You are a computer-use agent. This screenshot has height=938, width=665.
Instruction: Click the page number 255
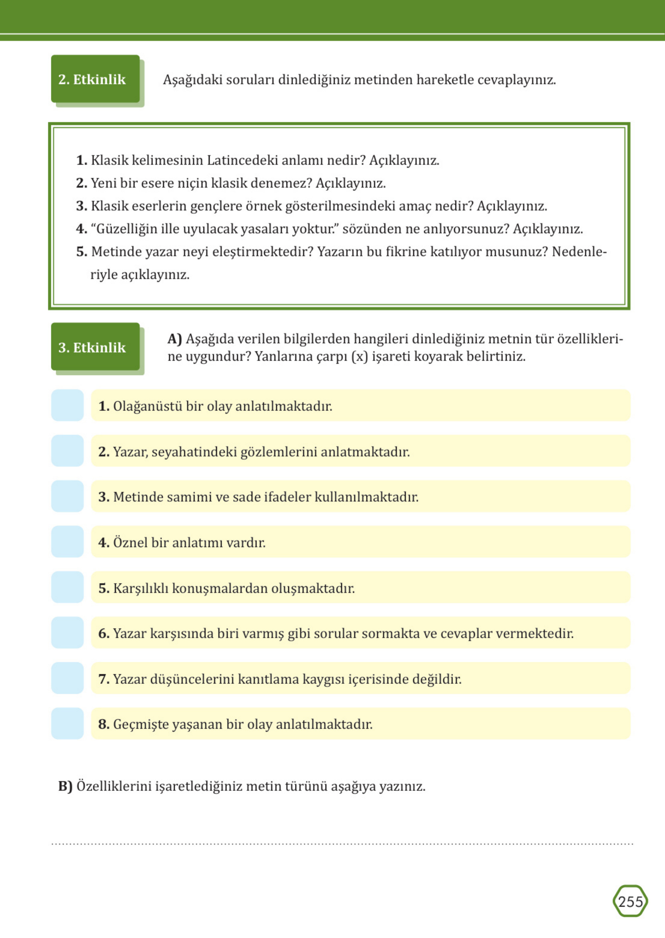tap(630, 902)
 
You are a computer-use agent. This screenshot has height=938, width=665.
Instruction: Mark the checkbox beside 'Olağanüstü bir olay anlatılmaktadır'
tap(68, 405)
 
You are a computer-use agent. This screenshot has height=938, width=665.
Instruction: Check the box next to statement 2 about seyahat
tap(68, 451)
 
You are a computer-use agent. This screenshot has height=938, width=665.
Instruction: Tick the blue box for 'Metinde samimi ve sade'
tap(68, 496)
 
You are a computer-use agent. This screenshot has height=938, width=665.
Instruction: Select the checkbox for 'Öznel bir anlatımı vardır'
tap(68, 542)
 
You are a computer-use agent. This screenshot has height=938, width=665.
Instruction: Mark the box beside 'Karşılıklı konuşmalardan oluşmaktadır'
tap(68, 587)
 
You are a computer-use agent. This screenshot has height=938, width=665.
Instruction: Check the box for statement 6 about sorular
tap(68, 633)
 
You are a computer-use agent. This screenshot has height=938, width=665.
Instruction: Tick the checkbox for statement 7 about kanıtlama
tap(68, 678)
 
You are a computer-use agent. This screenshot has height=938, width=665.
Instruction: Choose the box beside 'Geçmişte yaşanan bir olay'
tap(68, 724)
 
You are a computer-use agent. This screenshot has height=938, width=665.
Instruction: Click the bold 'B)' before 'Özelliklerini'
tap(65, 786)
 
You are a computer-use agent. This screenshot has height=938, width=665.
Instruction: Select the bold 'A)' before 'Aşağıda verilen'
tap(175, 339)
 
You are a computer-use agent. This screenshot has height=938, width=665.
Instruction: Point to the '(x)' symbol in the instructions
tap(360, 357)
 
